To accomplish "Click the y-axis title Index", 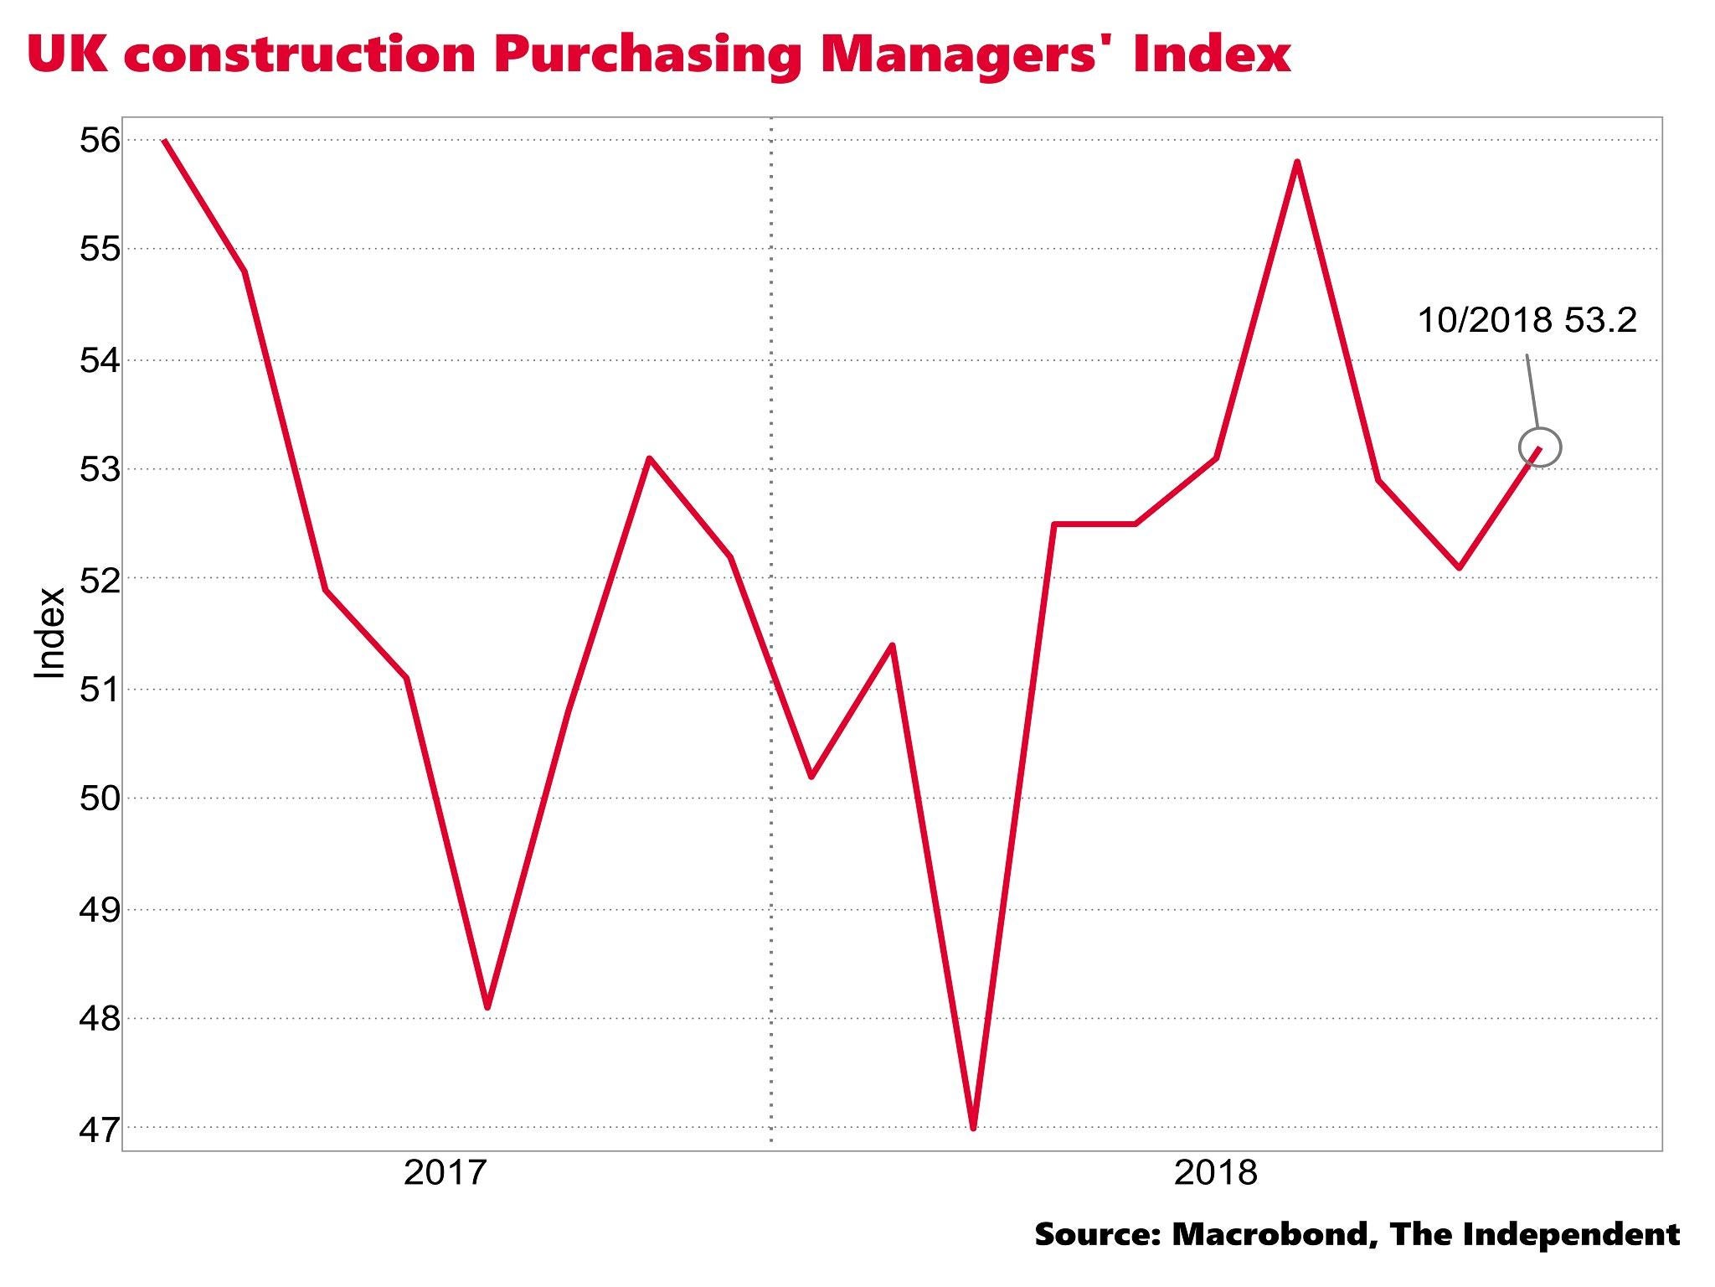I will [x=50, y=633].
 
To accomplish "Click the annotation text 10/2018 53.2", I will [x=1527, y=321].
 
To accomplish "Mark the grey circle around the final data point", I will [x=1541, y=447].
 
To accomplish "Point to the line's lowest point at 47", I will [x=973, y=1128].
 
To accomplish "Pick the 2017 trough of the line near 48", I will [x=487, y=1007].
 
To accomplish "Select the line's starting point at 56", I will [x=164, y=141].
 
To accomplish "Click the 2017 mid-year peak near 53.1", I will [x=649, y=458].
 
